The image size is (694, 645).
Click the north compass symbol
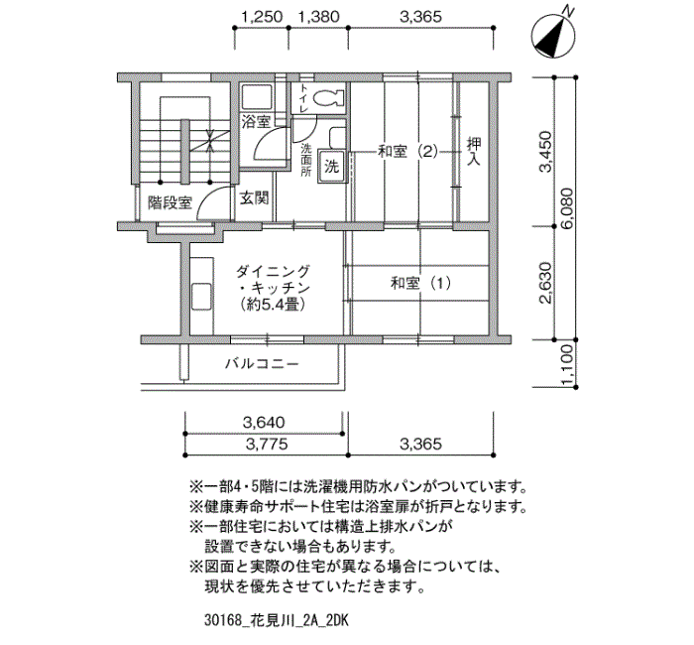553,35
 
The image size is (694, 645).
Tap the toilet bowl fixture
328,98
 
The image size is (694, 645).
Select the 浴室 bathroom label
256,121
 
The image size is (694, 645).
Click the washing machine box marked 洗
331,167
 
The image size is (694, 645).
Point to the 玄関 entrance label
255,198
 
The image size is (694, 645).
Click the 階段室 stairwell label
170,202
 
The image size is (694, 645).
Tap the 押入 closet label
474,151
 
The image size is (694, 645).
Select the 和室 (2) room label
407,152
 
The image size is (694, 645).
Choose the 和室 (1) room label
421,283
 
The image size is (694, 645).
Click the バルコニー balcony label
262,364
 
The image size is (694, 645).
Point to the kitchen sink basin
202,297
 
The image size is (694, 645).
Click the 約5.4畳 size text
273,305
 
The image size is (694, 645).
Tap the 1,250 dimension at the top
262,17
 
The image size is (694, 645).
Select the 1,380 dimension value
318,17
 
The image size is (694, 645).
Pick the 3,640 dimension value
264,422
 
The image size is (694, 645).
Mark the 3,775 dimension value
267,444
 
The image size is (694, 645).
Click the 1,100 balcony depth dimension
567,365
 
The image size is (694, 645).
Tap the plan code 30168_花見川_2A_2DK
277,620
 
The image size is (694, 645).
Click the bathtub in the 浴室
257,97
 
